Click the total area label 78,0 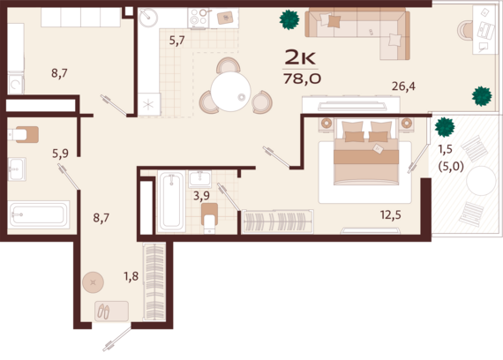tap(302, 79)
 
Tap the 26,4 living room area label tap(403, 86)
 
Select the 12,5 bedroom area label tap(391, 214)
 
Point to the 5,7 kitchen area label tap(177, 41)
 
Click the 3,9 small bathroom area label tap(201, 195)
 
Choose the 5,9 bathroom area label tap(60, 154)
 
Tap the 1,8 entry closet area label tap(131, 275)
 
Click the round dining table tap(230, 92)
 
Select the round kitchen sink tap(148, 18)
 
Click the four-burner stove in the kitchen tap(199, 18)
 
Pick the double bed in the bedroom tap(366, 153)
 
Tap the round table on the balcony tap(481, 181)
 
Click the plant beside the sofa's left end tap(289, 19)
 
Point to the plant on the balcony tap(445, 127)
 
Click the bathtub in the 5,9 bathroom tap(39, 214)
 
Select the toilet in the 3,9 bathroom tap(209, 218)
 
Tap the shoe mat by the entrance tap(112, 311)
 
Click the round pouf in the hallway tap(93, 282)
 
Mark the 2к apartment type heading tap(300, 58)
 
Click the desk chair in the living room tap(464, 31)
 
